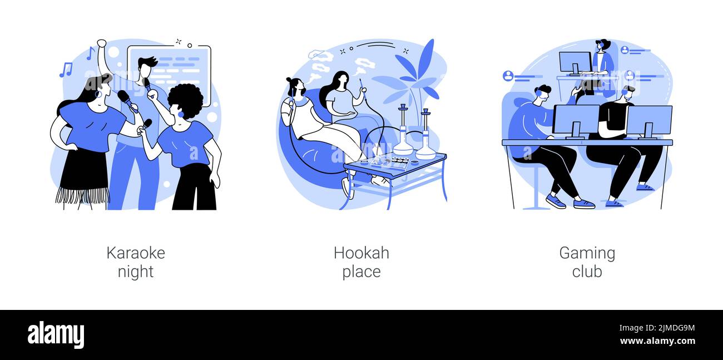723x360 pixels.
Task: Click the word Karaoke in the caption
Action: [x=136, y=253]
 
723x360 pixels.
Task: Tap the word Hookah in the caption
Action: [x=361, y=253]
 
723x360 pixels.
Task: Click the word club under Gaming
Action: [x=587, y=271]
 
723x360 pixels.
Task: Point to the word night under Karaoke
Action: [x=136, y=272]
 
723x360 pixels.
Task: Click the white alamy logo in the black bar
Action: [x=56, y=335]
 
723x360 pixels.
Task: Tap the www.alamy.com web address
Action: [x=657, y=341]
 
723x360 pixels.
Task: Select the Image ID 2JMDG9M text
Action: [x=657, y=328]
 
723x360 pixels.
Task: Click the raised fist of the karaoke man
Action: [x=101, y=43]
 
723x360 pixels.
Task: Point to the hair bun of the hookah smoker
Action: [x=289, y=80]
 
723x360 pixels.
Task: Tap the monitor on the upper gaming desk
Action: [x=575, y=63]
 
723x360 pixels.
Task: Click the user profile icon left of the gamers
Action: [x=508, y=76]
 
